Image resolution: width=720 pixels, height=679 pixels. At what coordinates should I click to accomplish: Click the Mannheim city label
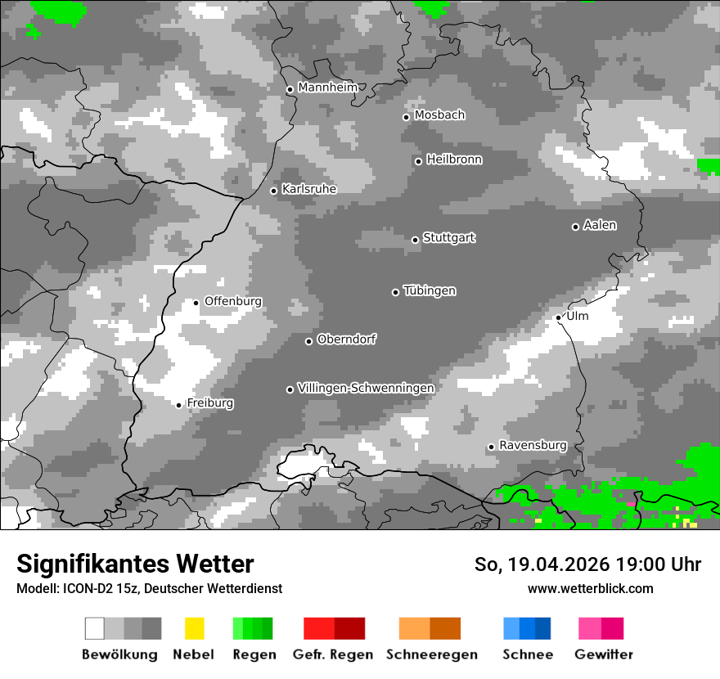tap(327, 88)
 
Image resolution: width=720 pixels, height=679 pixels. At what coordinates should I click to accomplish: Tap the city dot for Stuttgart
tap(416, 240)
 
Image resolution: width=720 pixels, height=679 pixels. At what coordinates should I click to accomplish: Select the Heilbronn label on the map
tap(454, 160)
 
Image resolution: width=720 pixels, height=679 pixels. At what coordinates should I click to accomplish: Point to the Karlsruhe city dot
tap(274, 191)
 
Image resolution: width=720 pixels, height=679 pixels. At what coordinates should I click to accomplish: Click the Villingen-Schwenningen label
tap(366, 388)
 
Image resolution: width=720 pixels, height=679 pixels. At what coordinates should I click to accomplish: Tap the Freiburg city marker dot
tap(179, 405)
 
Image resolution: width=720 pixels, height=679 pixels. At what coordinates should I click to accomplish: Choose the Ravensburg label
tap(533, 445)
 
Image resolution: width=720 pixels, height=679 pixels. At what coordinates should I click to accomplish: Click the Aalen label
tap(600, 225)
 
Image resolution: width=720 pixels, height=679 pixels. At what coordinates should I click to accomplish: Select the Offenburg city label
tap(233, 301)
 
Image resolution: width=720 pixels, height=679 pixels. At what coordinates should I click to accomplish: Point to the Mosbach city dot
tap(406, 117)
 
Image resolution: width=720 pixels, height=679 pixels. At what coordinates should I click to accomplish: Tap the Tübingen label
tap(430, 290)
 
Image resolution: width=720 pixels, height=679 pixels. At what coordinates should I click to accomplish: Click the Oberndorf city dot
tap(309, 341)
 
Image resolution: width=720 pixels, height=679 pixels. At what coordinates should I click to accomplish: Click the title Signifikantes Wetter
tap(135, 564)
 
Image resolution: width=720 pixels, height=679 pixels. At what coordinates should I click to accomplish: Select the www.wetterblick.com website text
tap(590, 588)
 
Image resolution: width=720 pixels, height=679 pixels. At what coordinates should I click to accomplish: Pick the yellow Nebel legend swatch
tap(194, 628)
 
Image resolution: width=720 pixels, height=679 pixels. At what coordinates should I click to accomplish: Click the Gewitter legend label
tap(604, 654)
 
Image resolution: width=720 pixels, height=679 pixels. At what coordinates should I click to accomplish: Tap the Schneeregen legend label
tap(432, 654)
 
